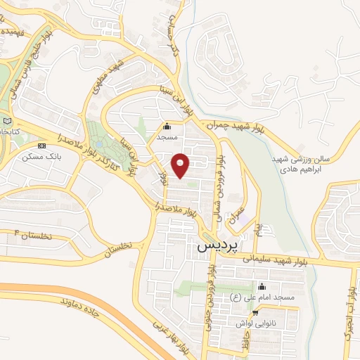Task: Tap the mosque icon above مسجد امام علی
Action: [262, 287]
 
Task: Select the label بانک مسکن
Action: [41, 155]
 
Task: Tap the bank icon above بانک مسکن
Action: [41, 146]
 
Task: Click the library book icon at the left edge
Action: [7, 121]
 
